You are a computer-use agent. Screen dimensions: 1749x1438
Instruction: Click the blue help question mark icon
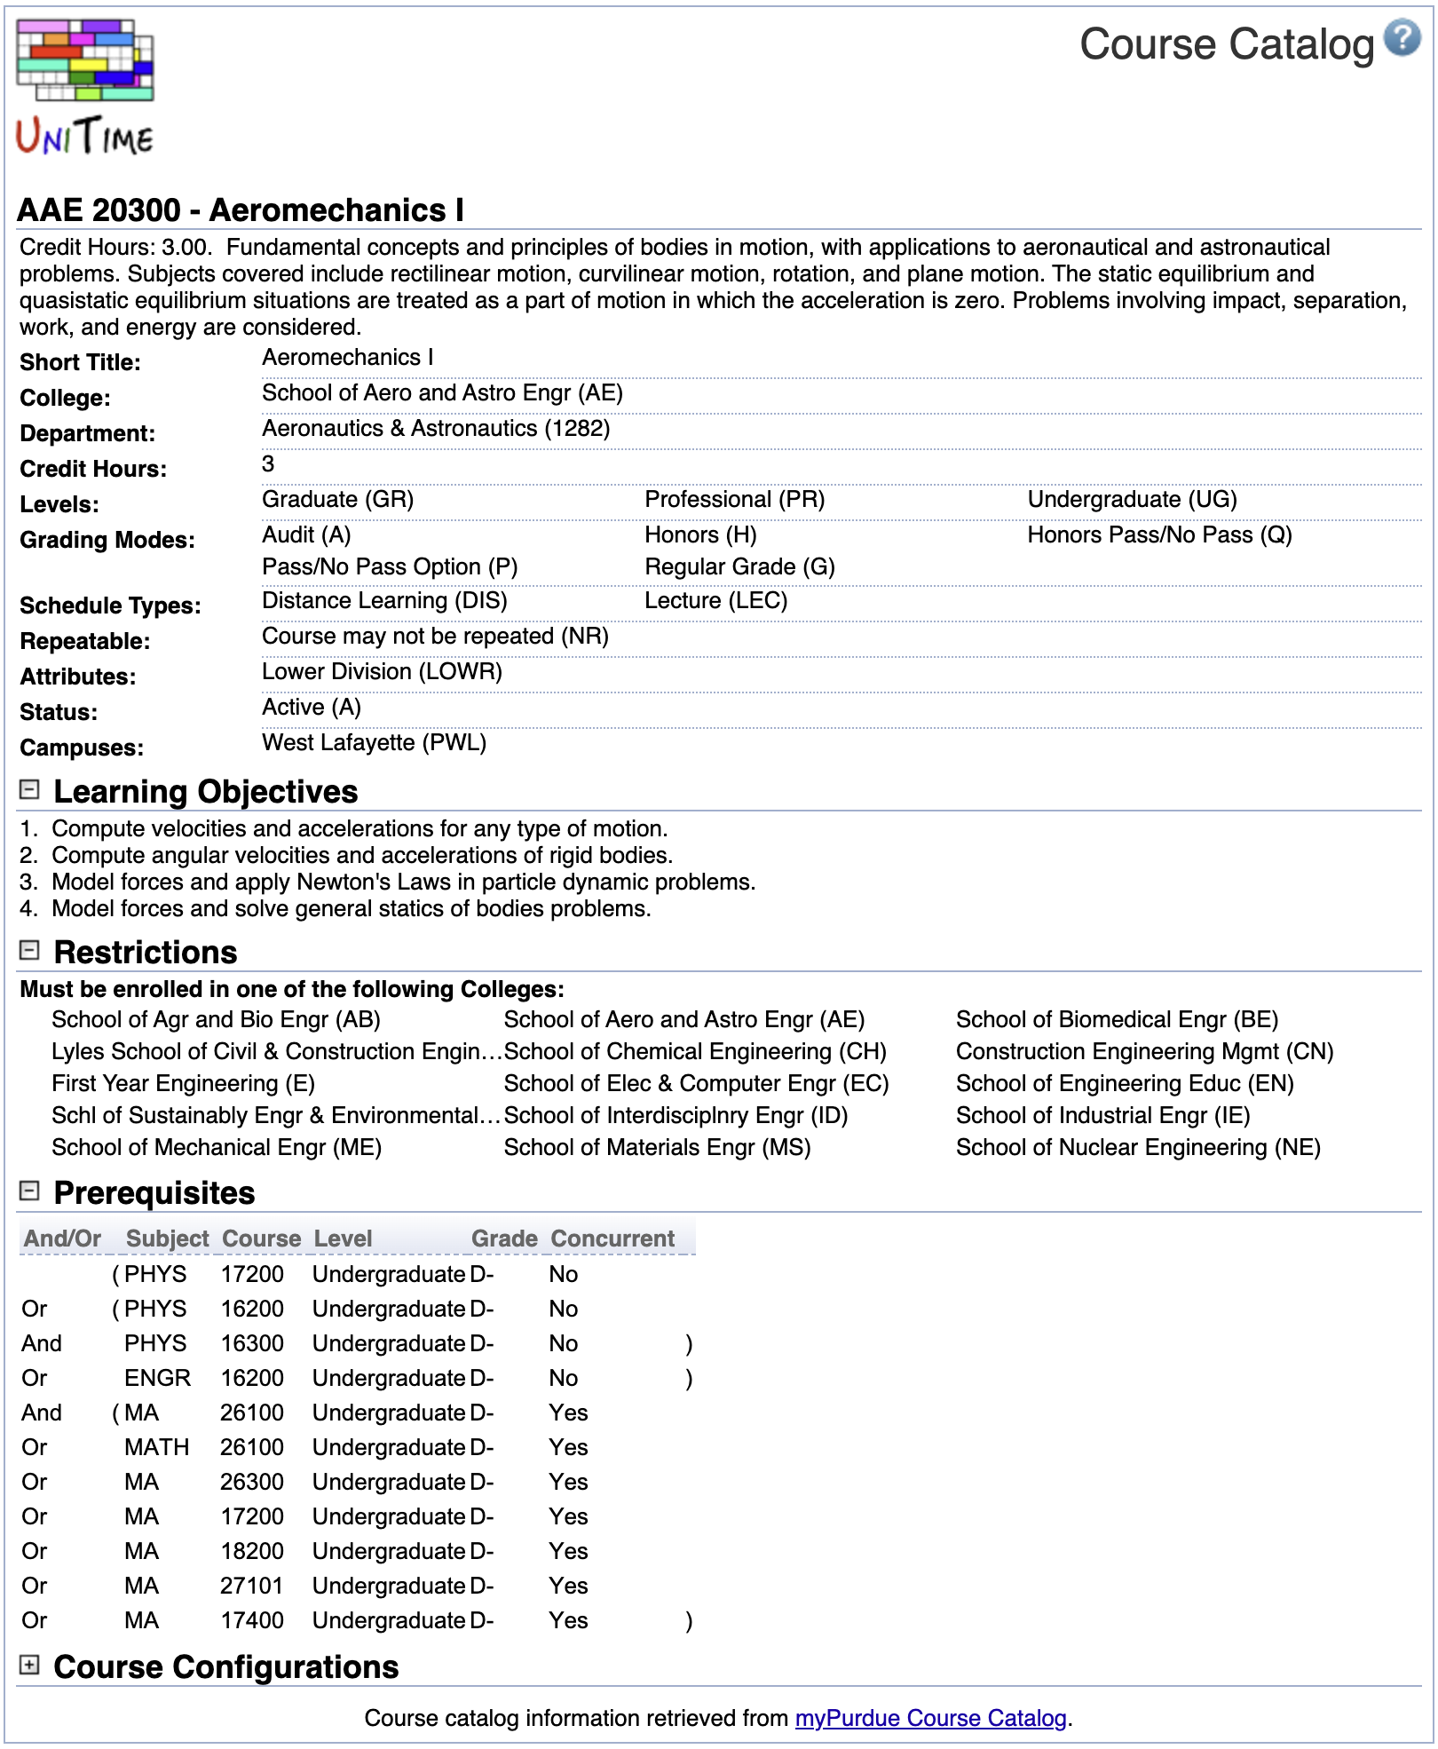click(1402, 38)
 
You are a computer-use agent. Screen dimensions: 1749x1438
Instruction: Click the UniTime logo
click(85, 86)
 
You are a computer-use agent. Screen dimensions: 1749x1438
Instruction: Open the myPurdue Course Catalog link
click(930, 1718)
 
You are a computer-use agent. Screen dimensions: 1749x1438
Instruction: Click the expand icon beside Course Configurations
click(29, 1666)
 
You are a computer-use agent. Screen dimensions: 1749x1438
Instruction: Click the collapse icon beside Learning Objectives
click(29, 789)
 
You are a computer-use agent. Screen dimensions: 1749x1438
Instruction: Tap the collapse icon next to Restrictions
click(29, 950)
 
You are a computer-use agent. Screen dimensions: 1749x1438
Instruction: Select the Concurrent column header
click(612, 1238)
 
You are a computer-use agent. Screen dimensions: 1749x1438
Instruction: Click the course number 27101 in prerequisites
click(252, 1586)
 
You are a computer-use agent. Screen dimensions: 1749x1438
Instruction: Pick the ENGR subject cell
click(157, 1378)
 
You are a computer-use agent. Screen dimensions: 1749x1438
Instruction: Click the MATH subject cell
click(156, 1447)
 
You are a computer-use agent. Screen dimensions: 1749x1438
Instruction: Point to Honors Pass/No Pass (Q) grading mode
click(1159, 534)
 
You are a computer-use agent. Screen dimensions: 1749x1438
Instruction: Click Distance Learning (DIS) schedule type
click(384, 600)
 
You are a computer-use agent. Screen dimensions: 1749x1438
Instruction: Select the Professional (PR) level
click(734, 499)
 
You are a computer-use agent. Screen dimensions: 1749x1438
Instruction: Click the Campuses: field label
click(82, 748)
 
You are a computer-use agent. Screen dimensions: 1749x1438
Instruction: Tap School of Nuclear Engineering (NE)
click(1138, 1147)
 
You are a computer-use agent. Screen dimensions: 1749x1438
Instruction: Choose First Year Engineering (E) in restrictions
click(183, 1083)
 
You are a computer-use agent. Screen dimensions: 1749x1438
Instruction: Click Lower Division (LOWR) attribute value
click(382, 671)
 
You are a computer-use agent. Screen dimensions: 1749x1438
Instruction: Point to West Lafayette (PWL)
click(374, 742)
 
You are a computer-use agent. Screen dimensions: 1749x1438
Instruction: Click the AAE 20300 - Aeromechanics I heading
click(241, 210)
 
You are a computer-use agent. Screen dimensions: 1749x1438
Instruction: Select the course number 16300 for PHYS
click(252, 1343)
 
